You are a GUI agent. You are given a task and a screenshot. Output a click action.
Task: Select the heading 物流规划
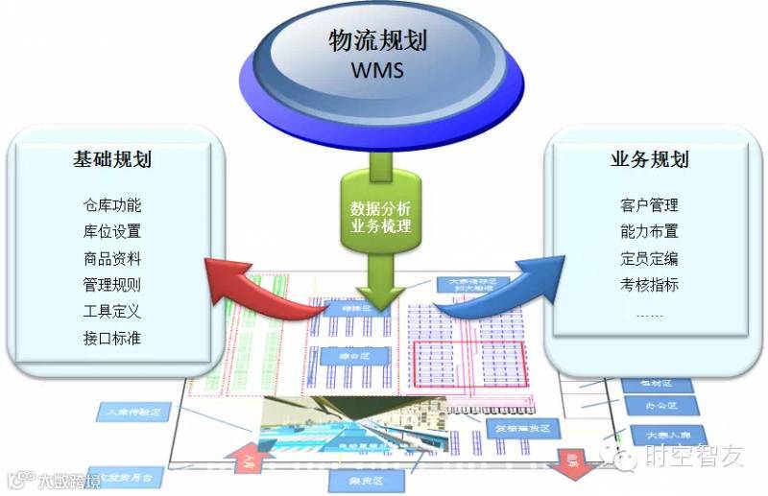(x=378, y=42)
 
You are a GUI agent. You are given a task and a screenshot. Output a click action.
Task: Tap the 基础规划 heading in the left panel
(x=112, y=160)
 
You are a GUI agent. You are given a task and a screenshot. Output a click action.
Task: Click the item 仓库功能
(x=112, y=205)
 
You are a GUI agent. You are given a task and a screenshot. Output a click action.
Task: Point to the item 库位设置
(x=112, y=231)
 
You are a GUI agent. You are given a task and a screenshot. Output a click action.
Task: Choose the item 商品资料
(x=112, y=258)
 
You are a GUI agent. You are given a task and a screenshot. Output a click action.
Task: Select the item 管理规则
(x=112, y=285)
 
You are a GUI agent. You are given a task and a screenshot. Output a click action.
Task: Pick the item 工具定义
(x=112, y=311)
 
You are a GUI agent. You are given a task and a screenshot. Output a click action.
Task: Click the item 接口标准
(x=112, y=338)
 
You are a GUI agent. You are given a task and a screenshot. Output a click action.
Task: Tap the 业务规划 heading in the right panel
(x=650, y=160)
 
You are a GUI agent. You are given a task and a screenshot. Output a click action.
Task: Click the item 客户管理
(x=650, y=205)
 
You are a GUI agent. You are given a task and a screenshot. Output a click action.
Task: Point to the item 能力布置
(x=650, y=231)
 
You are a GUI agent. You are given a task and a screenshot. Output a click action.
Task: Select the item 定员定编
(x=650, y=258)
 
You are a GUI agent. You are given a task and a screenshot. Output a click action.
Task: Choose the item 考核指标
(x=650, y=285)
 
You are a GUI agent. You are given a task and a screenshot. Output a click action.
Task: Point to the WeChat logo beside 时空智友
(x=626, y=458)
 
